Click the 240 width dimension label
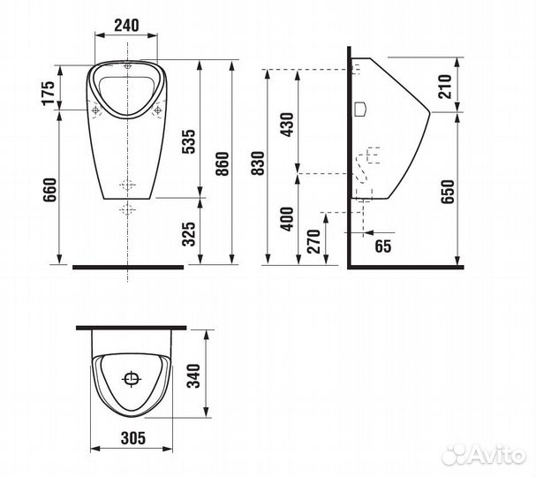tap(126, 26)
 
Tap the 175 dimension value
tap(48, 93)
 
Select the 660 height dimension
tap(50, 190)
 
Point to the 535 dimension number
tap(188, 141)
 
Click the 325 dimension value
tap(188, 234)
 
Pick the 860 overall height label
tap(223, 163)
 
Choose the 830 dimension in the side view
tap(258, 163)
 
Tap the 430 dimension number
tap(287, 125)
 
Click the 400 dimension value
tap(287, 219)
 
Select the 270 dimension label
tap(313, 241)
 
